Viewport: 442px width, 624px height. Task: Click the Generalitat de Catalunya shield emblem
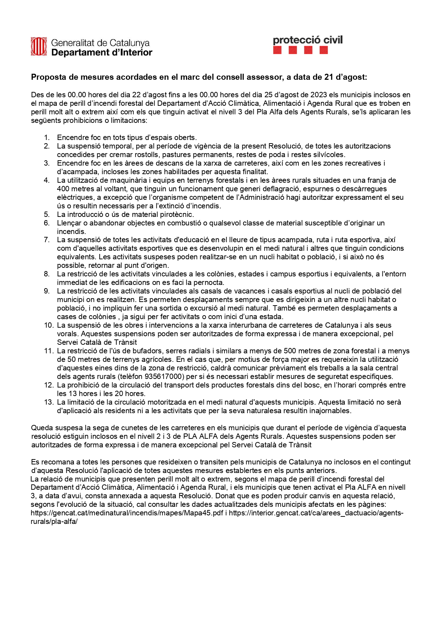(x=38, y=47)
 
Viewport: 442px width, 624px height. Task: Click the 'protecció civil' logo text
(x=308, y=40)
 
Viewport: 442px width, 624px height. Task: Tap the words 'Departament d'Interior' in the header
(x=102, y=53)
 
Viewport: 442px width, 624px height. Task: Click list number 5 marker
(x=47, y=214)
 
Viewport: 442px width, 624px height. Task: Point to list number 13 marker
(x=48, y=402)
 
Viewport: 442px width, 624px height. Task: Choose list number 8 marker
(x=47, y=274)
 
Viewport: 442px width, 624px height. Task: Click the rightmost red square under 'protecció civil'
(x=324, y=51)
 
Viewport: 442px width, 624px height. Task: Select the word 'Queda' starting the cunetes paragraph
(x=41, y=428)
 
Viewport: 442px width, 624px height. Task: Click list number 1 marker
(x=47, y=137)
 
